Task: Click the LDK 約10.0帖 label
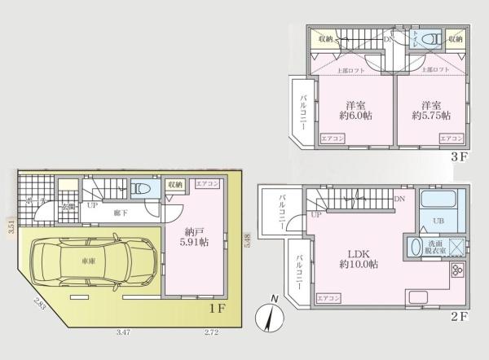[359, 258]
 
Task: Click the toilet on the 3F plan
[431, 38]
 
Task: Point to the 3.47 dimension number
[123, 332]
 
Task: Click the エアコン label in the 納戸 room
[206, 185]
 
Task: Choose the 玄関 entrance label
[55, 207]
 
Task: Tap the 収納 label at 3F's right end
[455, 38]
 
